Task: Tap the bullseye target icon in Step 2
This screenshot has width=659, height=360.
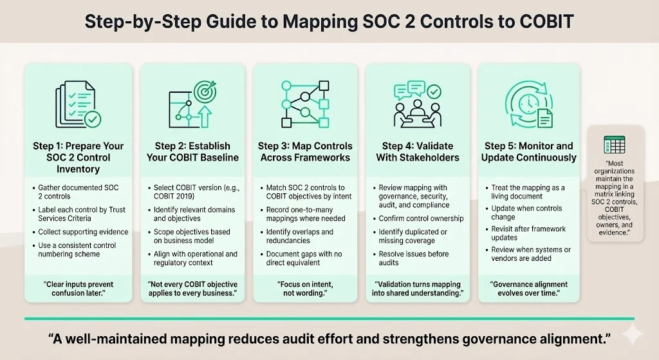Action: pos(205,92)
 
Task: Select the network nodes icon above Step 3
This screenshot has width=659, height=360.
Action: pos(304,104)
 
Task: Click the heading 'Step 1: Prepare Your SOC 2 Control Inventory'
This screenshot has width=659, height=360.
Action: pos(79,157)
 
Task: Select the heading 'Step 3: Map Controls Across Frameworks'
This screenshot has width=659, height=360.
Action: pos(305,151)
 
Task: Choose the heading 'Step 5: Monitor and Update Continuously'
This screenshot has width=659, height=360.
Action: pos(528,151)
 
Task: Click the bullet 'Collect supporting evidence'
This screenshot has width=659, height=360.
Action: pos(83,232)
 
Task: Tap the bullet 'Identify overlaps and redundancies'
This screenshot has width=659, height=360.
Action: pos(299,236)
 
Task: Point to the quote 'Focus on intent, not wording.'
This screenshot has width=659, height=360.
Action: pos(304,289)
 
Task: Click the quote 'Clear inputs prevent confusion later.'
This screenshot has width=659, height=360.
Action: pos(79,289)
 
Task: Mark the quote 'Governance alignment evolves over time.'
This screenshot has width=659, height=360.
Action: pos(529,289)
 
